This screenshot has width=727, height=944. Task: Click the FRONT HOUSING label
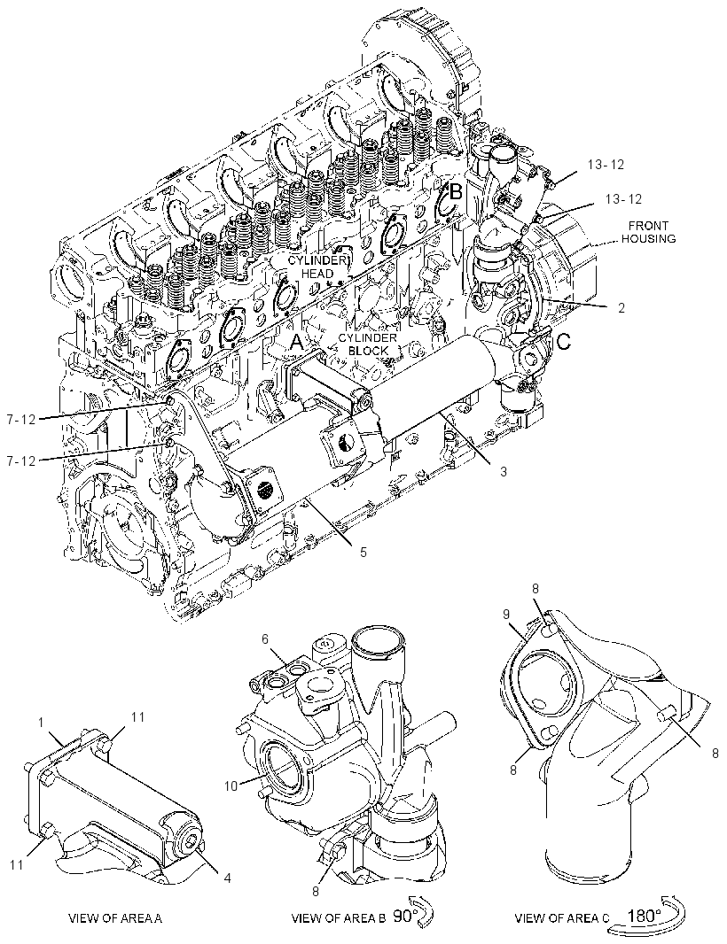click(x=648, y=232)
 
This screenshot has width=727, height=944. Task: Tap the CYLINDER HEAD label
click(x=317, y=267)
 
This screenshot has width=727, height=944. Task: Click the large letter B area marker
click(x=457, y=192)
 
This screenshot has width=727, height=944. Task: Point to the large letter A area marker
click(x=297, y=343)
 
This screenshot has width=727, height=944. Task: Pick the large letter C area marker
click(x=562, y=343)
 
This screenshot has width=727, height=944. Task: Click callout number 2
click(x=621, y=307)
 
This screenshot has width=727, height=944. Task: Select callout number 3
click(x=504, y=471)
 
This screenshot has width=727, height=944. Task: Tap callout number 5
click(x=363, y=551)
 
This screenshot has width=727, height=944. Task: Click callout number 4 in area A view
click(x=227, y=878)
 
